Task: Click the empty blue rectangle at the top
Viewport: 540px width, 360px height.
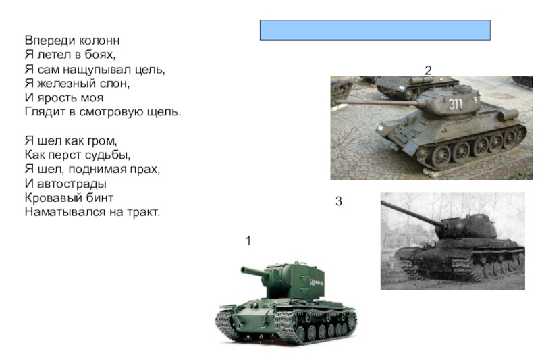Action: click(375, 30)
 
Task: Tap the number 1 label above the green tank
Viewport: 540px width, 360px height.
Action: click(248, 241)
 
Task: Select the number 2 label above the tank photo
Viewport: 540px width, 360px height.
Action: click(428, 71)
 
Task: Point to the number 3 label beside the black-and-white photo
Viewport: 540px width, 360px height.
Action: click(339, 201)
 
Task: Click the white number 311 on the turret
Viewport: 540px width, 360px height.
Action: click(455, 104)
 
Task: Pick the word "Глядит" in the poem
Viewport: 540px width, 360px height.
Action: click(45, 112)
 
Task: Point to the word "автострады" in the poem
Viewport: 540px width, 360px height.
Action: click(72, 184)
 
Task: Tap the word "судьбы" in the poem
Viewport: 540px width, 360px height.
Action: click(111, 155)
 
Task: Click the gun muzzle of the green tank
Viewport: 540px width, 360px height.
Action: click(244, 269)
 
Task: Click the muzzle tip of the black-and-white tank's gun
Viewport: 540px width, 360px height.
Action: click(383, 204)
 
